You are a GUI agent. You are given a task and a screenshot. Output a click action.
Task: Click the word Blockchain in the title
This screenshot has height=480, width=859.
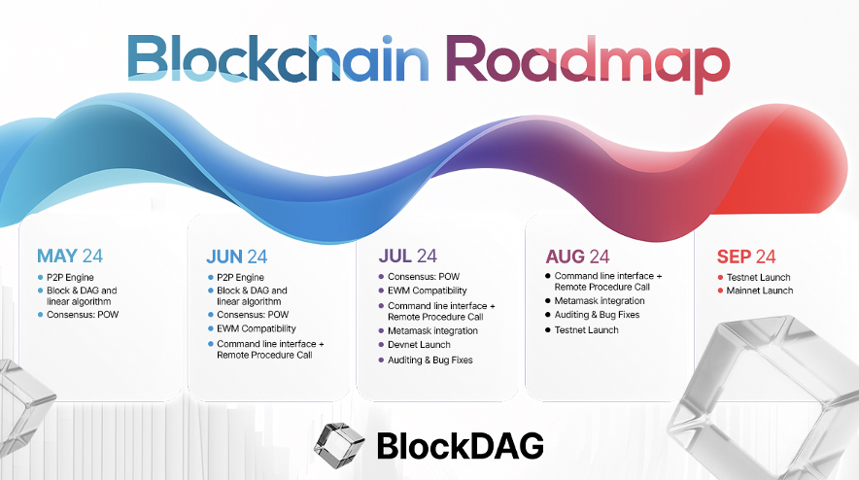point(278,57)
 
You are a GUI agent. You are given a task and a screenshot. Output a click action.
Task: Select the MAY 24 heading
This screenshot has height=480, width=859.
point(70,256)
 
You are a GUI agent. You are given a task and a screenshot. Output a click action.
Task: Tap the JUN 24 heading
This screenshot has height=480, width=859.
point(237,257)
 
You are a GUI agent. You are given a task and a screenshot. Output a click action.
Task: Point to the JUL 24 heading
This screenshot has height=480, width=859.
point(407,256)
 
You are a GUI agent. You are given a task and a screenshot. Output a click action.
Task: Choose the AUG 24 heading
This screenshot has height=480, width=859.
point(577,257)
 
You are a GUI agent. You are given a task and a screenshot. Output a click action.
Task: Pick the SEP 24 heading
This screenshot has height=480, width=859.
point(746,257)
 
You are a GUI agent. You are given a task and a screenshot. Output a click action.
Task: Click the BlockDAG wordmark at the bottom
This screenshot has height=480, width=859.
point(461,446)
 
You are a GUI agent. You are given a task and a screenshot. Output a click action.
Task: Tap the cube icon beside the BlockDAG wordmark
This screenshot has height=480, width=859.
point(338,445)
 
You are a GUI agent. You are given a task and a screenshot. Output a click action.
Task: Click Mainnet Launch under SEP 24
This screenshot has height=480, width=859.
point(759,291)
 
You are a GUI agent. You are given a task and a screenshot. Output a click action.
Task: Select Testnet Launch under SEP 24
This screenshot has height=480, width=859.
point(758,277)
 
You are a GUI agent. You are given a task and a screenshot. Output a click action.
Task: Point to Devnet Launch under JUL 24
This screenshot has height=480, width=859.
point(419,345)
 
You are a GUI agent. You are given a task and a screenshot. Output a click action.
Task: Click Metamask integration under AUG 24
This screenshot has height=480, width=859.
point(600,301)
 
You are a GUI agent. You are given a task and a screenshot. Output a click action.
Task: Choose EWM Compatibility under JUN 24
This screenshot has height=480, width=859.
point(257,328)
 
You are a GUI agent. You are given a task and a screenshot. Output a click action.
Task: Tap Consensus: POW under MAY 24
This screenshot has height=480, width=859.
point(83,315)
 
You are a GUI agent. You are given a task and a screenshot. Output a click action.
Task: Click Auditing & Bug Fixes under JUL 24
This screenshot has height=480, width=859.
point(430,360)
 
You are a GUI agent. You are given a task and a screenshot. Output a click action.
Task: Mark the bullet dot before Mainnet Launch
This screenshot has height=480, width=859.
point(720,291)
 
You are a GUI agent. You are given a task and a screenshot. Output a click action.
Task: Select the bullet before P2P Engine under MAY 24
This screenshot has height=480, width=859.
point(41,277)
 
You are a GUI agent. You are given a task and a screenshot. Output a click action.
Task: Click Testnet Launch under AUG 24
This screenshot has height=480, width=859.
point(586,329)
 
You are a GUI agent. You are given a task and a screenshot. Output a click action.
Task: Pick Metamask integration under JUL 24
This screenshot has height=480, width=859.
point(432,331)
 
